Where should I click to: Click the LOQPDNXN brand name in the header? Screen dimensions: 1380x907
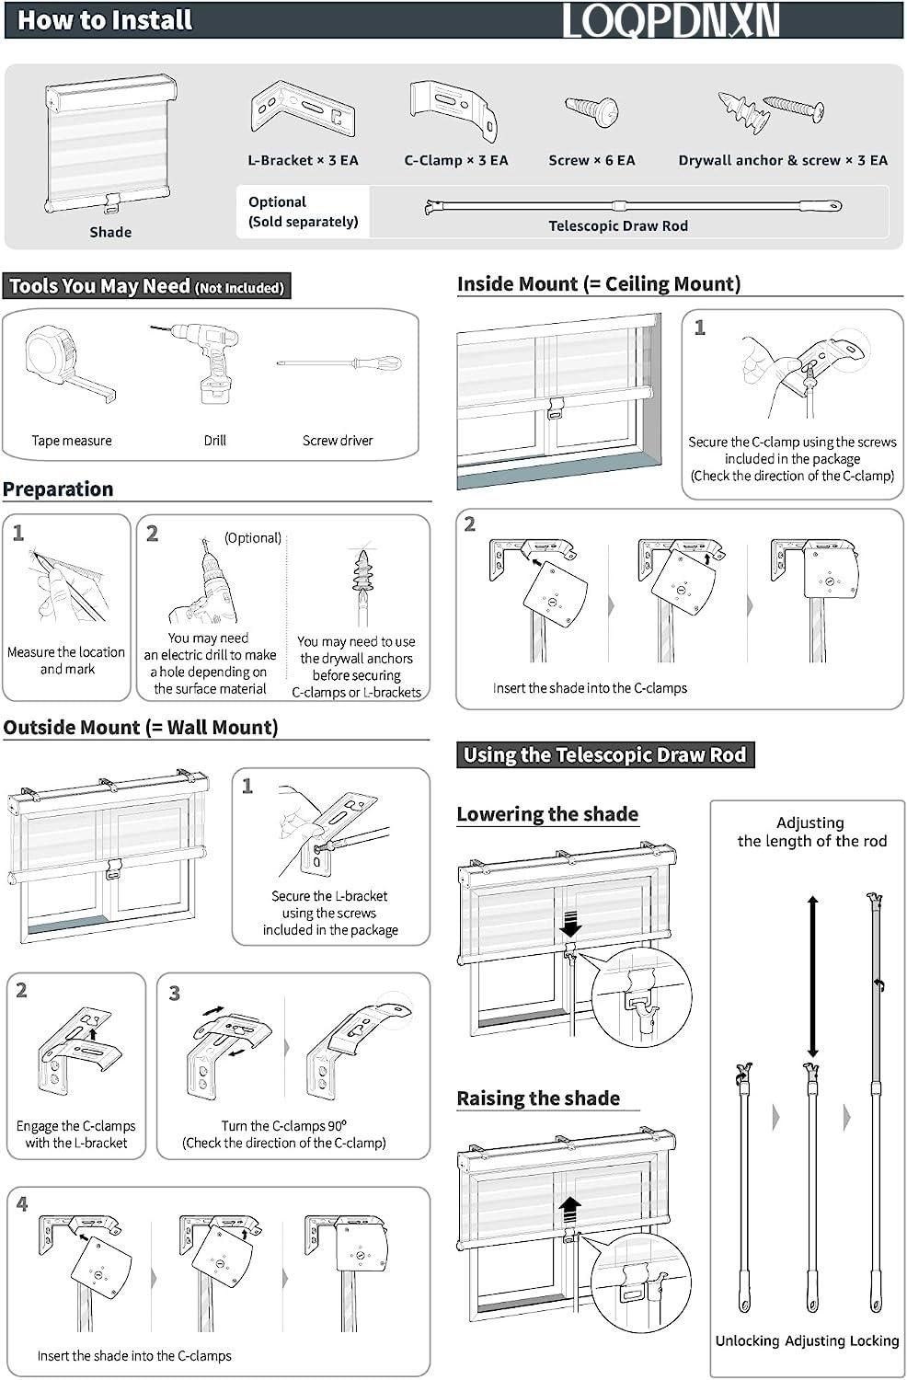671,20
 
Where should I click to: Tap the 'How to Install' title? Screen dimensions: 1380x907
105,20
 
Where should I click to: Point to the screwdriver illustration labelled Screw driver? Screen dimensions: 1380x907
339,363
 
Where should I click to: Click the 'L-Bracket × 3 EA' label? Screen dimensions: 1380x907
303,160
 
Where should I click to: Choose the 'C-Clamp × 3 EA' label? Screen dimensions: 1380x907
455,160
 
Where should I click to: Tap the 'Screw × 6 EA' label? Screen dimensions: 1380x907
591,160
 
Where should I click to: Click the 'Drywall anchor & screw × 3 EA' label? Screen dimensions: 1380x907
783,160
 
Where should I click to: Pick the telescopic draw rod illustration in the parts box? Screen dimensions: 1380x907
633,205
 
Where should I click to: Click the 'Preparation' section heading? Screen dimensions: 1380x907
58,489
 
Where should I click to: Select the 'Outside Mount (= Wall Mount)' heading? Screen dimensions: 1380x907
141,728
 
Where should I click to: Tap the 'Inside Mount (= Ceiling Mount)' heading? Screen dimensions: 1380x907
599,284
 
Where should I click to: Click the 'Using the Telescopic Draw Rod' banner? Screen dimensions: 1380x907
604,755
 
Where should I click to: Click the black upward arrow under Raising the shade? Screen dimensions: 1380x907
570,1207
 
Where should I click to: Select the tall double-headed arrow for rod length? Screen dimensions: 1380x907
812,978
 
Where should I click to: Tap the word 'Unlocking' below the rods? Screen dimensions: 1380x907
747,1340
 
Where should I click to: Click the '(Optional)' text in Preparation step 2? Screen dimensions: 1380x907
253,538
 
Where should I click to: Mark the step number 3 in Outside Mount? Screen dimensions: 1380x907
175,994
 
